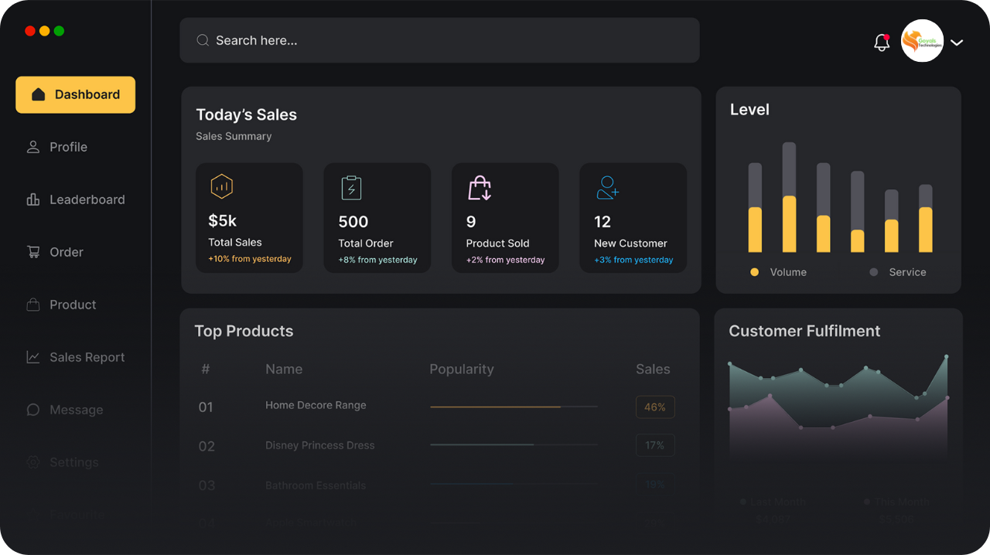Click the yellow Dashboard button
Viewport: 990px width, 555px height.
75,94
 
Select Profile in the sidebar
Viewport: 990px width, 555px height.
68,147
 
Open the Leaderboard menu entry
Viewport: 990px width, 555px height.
87,199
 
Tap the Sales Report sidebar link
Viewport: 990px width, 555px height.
87,357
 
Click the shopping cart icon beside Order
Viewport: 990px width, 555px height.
33,252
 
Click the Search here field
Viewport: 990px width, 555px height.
439,40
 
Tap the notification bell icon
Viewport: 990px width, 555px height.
881,43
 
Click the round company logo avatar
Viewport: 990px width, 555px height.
922,41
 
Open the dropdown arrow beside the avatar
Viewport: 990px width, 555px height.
957,43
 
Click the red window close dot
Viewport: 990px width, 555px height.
30,31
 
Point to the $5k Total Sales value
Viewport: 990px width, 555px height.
222,221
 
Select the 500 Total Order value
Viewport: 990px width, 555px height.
353,222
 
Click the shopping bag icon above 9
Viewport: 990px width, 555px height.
480,188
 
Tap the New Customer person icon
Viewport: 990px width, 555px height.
607,188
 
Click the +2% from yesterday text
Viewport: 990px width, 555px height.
505,260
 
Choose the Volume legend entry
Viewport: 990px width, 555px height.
787,272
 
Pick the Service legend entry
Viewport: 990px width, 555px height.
906,272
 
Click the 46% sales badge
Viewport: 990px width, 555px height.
655,407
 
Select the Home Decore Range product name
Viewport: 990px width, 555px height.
316,405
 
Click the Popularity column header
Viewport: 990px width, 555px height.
461,369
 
